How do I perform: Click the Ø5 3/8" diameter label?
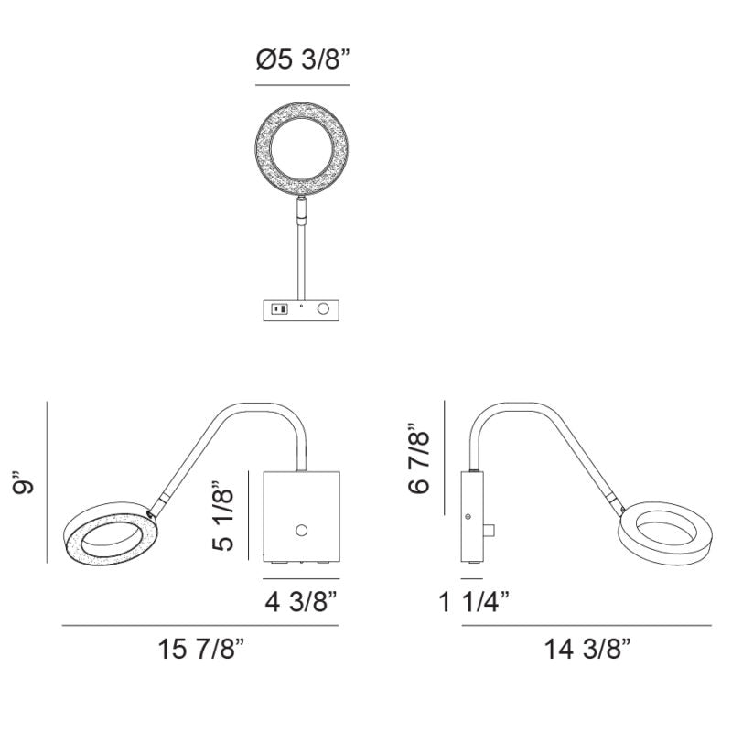point(303,59)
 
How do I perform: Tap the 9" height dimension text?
point(24,482)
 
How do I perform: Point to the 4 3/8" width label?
point(301,602)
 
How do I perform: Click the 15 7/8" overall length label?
point(201,649)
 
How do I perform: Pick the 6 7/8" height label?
point(418,459)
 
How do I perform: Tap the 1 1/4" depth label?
point(474,602)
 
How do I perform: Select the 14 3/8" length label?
point(587,649)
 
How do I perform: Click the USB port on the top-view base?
point(280,308)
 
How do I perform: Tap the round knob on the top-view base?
point(323,308)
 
